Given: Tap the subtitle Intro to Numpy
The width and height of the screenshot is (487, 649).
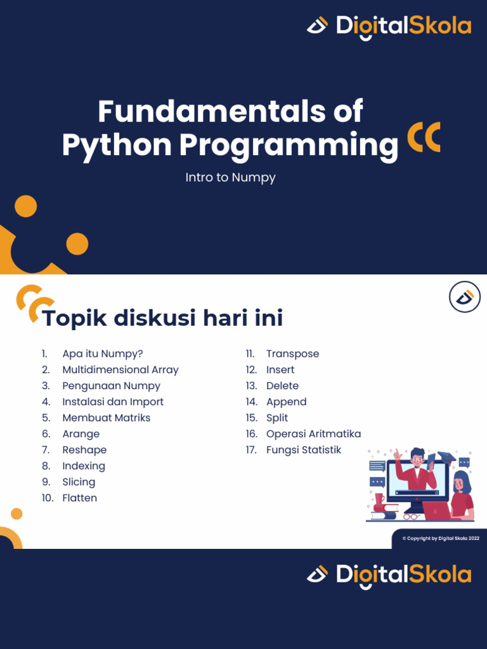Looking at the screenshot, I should pyautogui.click(x=230, y=177).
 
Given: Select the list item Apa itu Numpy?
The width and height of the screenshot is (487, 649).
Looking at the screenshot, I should pyautogui.click(x=102, y=354).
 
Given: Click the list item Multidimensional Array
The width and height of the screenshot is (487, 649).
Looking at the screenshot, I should pyautogui.click(x=120, y=369).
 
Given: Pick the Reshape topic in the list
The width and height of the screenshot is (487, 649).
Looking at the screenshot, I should pyautogui.click(x=84, y=450).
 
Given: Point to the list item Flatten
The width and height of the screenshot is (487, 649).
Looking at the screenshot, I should pyautogui.click(x=79, y=498).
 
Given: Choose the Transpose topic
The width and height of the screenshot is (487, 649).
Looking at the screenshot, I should pyautogui.click(x=292, y=354).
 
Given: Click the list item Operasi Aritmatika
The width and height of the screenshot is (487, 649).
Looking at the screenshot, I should pyautogui.click(x=313, y=434).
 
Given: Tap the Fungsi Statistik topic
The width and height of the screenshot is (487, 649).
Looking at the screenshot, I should pyautogui.click(x=303, y=450).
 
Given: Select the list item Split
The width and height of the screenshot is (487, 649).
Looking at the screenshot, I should pyautogui.click(x=277, y=418).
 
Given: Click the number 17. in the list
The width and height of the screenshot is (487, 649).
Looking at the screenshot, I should pyautogui.click(x=251, y=450).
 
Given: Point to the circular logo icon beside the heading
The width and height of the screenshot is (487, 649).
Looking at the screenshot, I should pyautogui.click(x=465, y=297).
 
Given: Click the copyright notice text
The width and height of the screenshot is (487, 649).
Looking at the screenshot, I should pyautogui.click(x=441, y=538).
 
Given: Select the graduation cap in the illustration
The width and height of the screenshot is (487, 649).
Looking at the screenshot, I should pyautogui.click(x=446, y=458).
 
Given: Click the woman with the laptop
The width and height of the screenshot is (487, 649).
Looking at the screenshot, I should pyautogui.click(x=462, y=494).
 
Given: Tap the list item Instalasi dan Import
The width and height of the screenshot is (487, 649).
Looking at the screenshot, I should pyautogui.click(x=112, y=402).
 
